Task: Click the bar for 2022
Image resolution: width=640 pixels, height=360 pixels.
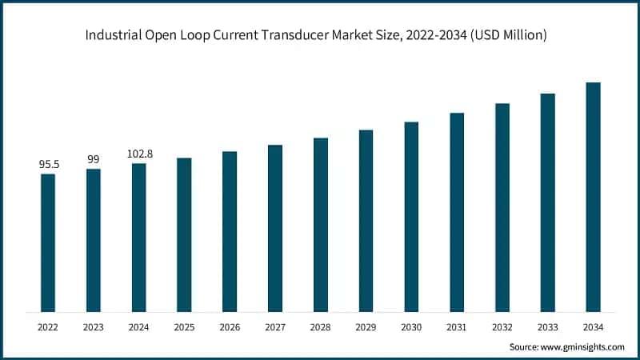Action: pos(48,242)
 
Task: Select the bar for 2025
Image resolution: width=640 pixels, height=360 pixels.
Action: pos(184,234)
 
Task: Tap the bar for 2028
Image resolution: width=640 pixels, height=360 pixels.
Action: pos(320,225)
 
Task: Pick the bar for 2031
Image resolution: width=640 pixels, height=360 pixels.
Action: pos(457,212)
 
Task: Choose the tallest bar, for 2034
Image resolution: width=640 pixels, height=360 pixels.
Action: pos(593,197)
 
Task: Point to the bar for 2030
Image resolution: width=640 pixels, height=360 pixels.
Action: pos(411,217)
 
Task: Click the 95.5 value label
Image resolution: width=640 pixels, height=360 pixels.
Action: pos(48,164)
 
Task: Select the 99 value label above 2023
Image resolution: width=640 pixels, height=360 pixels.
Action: pos(94,159)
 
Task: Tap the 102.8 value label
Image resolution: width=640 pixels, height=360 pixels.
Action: pos(139,154)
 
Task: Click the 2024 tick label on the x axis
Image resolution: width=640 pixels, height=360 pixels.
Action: pos(139,326)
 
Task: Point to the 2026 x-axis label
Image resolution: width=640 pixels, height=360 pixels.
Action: pos(230,326)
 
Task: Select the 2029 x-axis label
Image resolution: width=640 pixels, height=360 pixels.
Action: pos(366,326)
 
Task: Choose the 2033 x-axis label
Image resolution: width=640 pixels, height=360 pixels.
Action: pos(547,326)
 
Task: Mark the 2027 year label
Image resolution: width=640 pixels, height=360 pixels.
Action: pos(275,326)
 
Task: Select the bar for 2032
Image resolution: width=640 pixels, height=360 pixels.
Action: pos(502,207)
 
